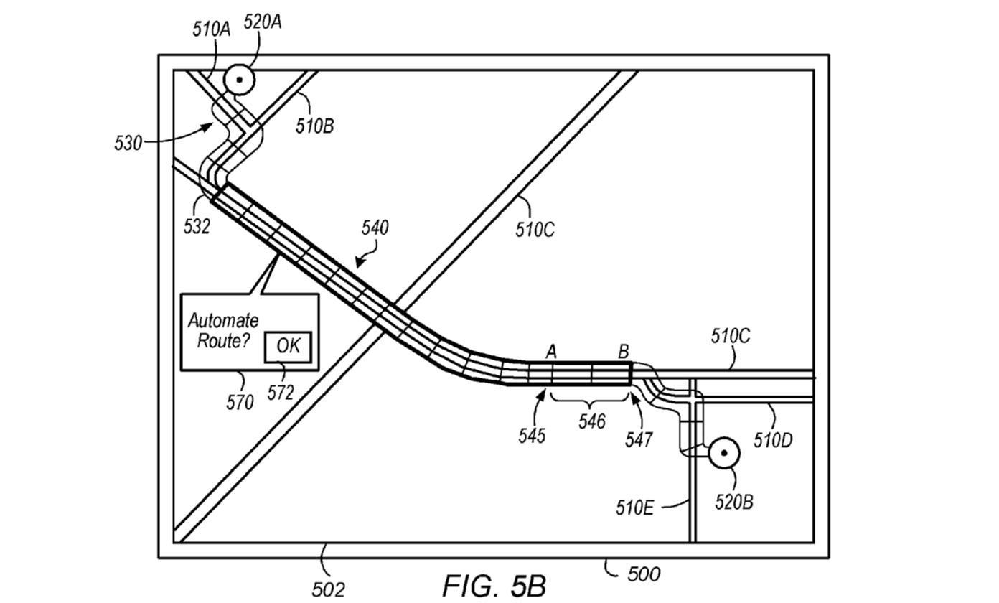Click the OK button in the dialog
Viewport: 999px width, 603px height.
[x=288, y=347]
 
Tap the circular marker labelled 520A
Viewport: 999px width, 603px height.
[x=239, y=80]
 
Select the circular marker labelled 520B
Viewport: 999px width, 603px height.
[x=724, y=453]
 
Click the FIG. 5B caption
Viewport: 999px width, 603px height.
[x=494, y=585]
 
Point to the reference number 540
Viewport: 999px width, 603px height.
[x=375, y=228]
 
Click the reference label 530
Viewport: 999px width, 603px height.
[x=128, y=144]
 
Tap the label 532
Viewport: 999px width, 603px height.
[x=197, y=227]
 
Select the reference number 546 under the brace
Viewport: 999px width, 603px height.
[x=592, y=421]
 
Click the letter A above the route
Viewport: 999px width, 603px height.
[x=551, y=352]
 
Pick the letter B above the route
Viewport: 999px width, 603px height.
[x=624, y=352]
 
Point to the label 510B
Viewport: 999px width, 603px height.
[x=315, y=126]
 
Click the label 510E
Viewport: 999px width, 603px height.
[x=634, y=508]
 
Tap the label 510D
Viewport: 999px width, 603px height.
[x=773, y=441]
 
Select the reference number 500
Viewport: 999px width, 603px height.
[x=644, y=574]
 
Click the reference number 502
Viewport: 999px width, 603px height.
[x=328, y=590]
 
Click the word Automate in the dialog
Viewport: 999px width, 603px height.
[x=223, y=321]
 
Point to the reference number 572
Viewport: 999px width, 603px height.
[x=281, y=393]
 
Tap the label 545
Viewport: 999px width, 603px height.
[x=532, y=436]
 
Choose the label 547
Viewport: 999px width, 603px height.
[x=639, y=440]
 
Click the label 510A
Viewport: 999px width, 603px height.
[x=212, y=30]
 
